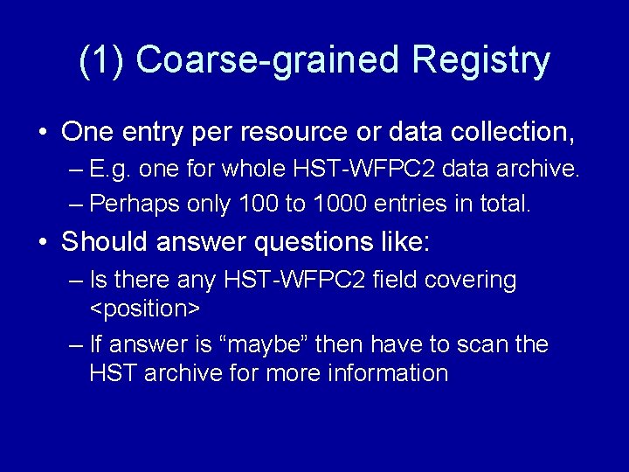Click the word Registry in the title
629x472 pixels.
click(x=481, y=61)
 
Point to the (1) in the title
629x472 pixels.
click(x=102, y=61)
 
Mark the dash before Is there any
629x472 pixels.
click(x=74, y=281)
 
